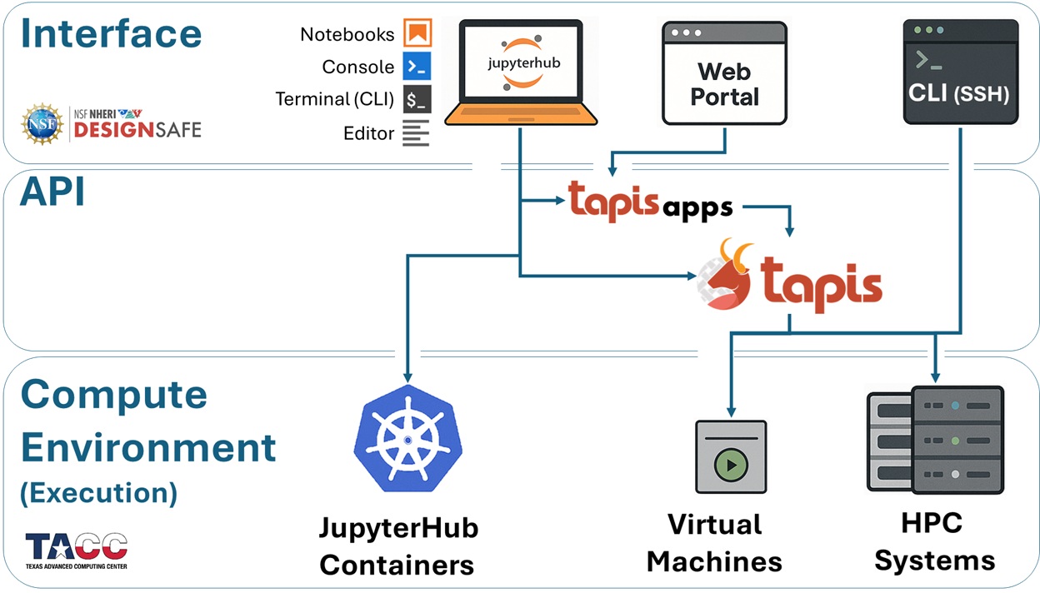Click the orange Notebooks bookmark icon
(x=417, y=34)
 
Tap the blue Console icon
(x=417, y=66)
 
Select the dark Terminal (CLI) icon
(x=417, y=99)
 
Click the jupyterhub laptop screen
(x=521, y=62)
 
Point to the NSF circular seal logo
(x=42, y=124)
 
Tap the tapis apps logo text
(x=650, y=202)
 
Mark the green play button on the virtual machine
(x=731, y=465)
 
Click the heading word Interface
(x=111, y=33)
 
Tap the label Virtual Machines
(x=714, y=543)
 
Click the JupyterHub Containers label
(x=398, y=546)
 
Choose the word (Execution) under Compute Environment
(x=98, y=492)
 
